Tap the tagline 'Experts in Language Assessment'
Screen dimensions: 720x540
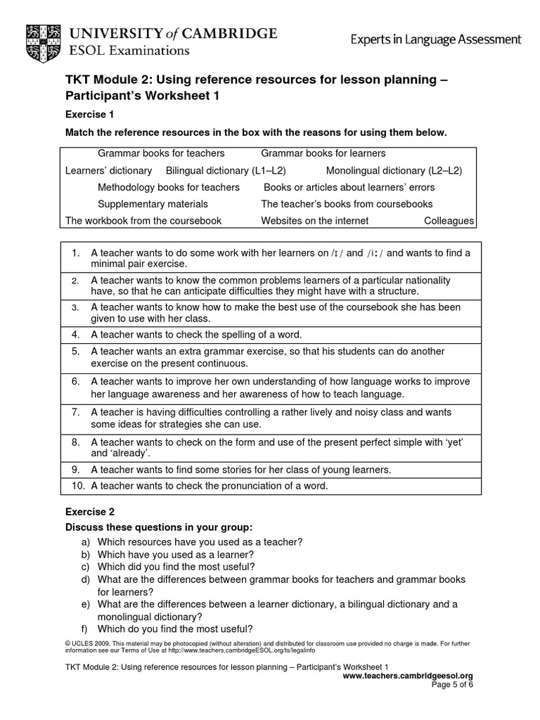[436, 39]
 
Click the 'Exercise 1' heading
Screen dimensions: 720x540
[89, 114]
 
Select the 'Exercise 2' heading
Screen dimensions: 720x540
[89, 512]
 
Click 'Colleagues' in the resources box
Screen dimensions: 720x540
[449, 221]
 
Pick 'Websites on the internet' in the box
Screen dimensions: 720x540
[314, 221]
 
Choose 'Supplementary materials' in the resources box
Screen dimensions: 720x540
[153, 204]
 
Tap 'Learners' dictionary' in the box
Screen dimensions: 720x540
[108, 170]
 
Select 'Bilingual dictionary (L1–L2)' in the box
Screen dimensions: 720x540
[226, 170]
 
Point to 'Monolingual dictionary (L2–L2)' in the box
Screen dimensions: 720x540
[394, 170]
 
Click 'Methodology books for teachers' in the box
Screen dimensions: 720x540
[168, 187]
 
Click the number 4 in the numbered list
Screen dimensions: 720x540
[75, 335]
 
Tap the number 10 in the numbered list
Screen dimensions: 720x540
[78, 485]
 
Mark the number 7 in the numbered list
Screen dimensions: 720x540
[75, 412]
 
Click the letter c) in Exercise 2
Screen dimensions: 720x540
[85, 566]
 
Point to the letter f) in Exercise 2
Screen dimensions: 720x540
[85, 629]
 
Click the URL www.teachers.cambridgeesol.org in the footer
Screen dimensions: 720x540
[407, 676]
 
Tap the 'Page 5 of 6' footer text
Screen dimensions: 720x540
[452, 685]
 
